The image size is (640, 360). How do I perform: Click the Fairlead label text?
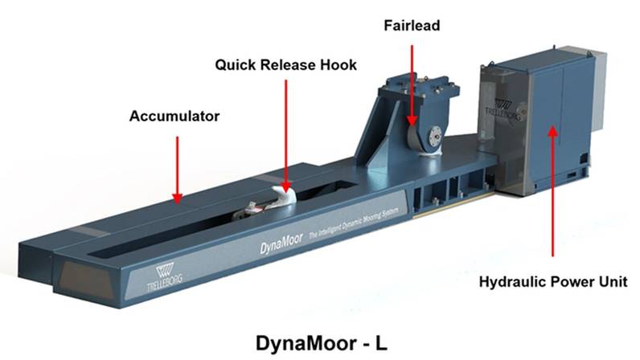point(411,25)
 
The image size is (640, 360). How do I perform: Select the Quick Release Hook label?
point(285,64)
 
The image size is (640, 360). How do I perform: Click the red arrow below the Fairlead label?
point(412,80)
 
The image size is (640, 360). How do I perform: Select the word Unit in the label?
point(612,281)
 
